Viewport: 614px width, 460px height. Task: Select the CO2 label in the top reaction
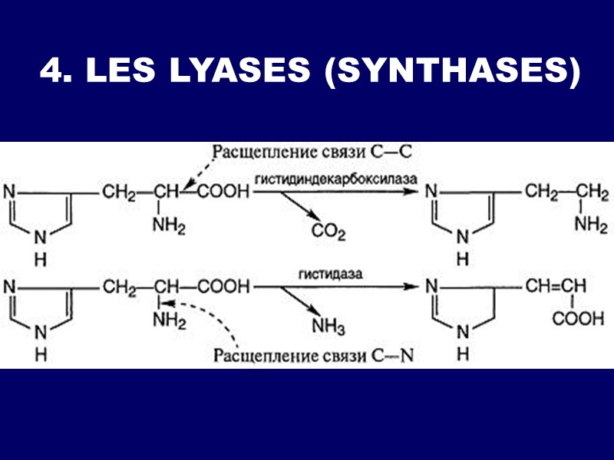328,231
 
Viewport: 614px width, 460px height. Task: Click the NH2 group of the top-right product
589,224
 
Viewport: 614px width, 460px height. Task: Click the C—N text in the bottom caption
392,356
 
